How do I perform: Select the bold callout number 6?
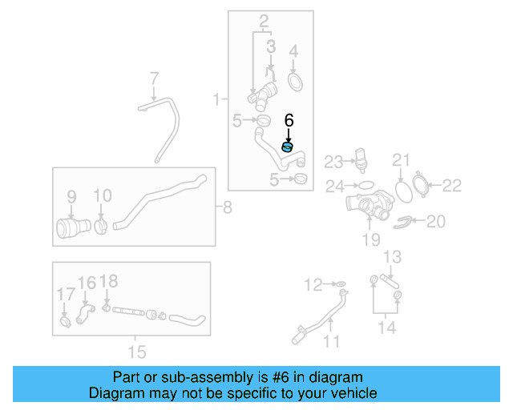coord(289,120)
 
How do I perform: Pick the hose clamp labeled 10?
coord(102,227)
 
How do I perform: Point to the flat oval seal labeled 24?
coord(365,184)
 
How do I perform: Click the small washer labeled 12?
coord(340,283)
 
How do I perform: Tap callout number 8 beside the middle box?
coord(227,209)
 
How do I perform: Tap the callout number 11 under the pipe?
coord(331,342)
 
